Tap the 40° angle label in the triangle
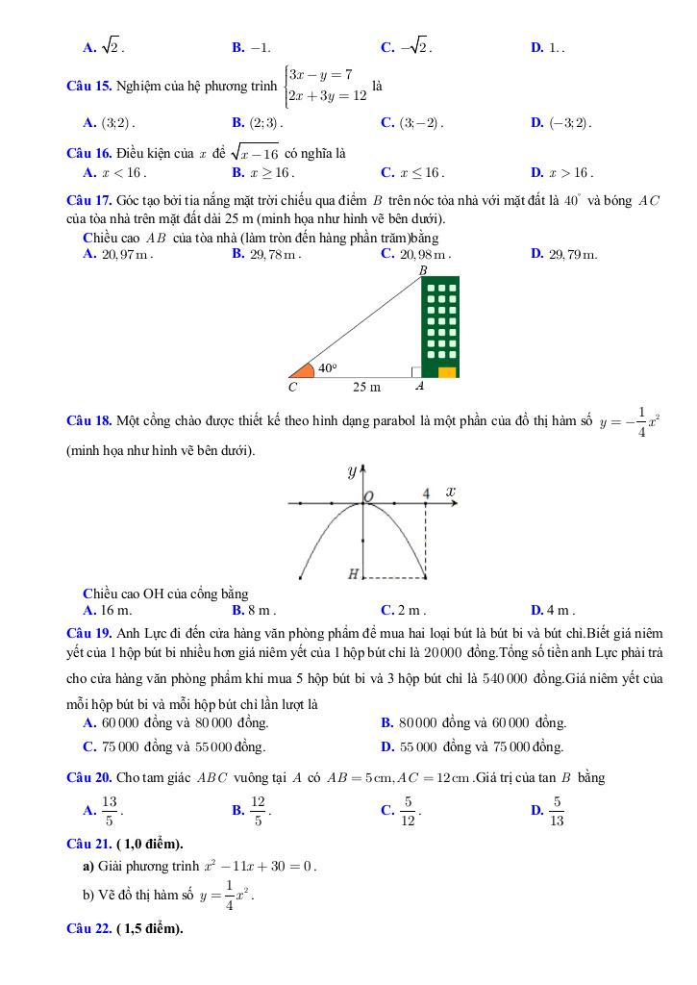click(328, 367)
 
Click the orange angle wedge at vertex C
click(303, 370)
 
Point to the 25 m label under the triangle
click(366, 387)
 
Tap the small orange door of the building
click(447, 372)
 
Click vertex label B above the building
click(421, 270)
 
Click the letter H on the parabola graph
click(353, 574)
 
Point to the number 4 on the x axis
click(426, 493)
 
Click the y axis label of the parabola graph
click(351, 471)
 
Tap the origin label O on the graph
click(369, 494)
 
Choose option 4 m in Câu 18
click(560, 609)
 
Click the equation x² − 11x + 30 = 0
click(260, 866)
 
